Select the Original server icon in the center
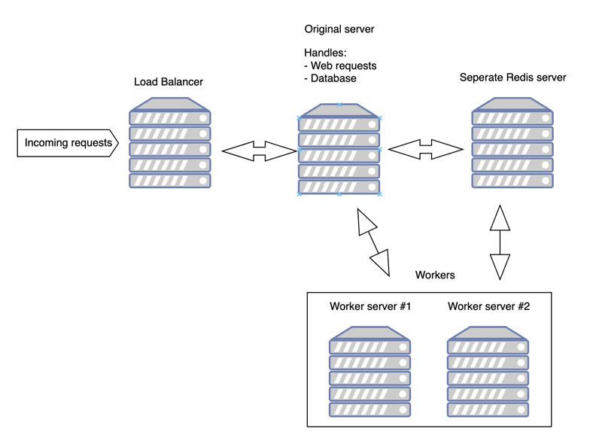click(x=339, y=150)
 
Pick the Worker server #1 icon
click(x=369, y=372)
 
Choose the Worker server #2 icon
click(x=488, y=372)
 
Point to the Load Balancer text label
click(x=169, y=82)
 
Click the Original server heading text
click(x=339, y=29)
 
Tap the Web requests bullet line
click(x=340, y=66)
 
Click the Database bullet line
click(x=330, y=78)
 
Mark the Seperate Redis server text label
click(x=512, y=78)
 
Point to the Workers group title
click(x=435, y=275)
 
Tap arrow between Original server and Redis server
click(x=426, y=150)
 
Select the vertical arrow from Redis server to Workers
click(x=500, y=242)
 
